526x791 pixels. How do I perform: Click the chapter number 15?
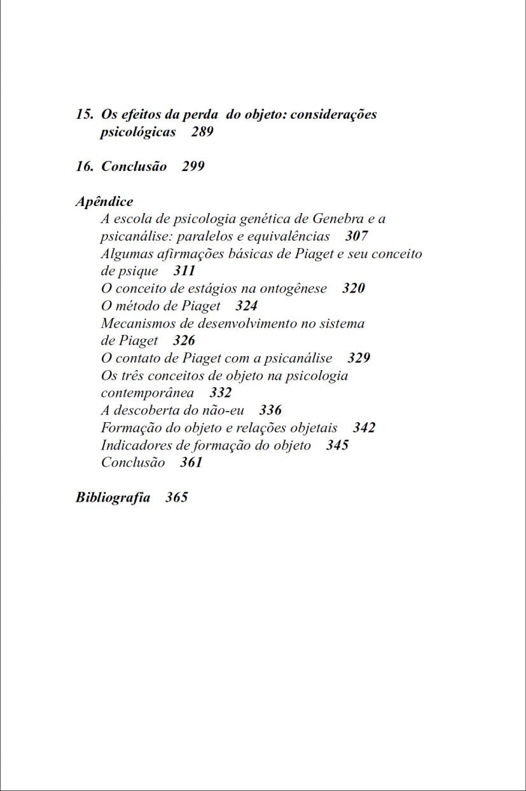(84, 115)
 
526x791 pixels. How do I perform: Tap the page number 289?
(202, 132)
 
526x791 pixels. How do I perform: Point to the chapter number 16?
(84, 167)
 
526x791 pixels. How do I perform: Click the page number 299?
(193, 167)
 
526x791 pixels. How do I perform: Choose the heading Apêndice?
(104, 202)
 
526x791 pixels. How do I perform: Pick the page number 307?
(357, 237)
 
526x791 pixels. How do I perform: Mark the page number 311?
(184, 271)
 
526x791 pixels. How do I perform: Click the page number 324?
(246, 306)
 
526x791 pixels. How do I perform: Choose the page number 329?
(359, 358)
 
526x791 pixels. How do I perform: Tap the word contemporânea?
(148, 393)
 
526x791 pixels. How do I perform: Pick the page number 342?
(364, 427)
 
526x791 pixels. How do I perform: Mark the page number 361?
(191, 462)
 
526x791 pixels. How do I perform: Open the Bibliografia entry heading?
(113, 497)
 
